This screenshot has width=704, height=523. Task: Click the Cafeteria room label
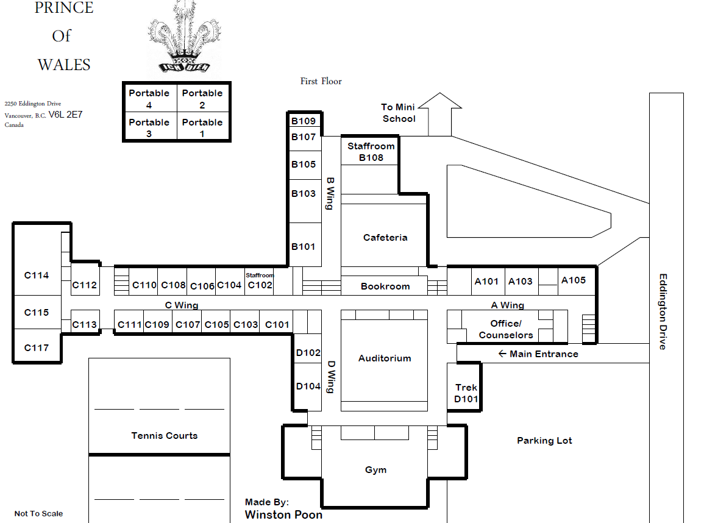pos(385,237)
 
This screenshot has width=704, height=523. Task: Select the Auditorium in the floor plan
pos(385,358)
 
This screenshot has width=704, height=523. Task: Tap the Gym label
pos(375,470)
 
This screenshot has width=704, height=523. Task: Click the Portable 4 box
pos(149,98)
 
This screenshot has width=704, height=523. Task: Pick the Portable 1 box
pos(202,127)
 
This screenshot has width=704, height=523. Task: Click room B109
pos(304,121)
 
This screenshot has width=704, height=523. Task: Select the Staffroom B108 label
pos(371,152)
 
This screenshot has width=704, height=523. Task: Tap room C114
pos(37,275)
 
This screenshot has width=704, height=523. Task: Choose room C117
pos(37,347)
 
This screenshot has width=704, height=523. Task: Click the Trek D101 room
pos(466,393)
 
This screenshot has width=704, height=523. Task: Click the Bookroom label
pos(385,286)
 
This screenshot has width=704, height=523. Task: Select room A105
pos(573,280)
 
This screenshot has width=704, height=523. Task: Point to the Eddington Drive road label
pos(663,311)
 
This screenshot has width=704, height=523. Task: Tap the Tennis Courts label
pos(165,435)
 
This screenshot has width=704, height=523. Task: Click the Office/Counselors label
pos(506,329)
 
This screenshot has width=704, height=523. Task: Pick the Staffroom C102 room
pos(260,282)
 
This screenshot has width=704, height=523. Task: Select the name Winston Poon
pos(283,514)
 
